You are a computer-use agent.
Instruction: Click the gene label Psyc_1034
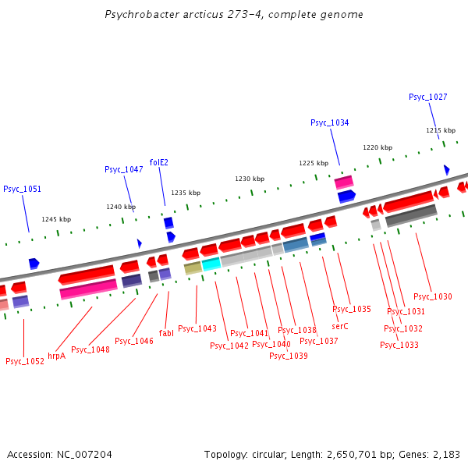click(x=329, y=122)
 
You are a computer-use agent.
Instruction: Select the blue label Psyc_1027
click(x=427, y=97)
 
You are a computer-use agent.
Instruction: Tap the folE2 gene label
click(x=158, y=162)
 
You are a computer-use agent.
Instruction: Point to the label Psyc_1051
click(x=22, y=189)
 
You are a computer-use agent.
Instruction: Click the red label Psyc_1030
click(x=432, y=296)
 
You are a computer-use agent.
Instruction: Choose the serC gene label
click(x=339, y=326)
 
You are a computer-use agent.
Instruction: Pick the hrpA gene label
click(x=56, y=356)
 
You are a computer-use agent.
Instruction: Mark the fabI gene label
click(x=166, y=333)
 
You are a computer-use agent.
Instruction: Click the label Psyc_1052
click(x=24, y=361)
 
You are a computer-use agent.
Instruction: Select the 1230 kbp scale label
click(x=250, y=179)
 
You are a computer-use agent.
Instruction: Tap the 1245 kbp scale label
click(x=56, y=219)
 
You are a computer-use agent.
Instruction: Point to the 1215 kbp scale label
click(x=440, y=130)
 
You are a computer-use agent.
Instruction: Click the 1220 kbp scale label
click(x=378, y=147)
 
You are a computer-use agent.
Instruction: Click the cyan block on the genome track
click(x=211, y=264)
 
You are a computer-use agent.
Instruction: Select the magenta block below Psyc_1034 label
click(x=344, y=182)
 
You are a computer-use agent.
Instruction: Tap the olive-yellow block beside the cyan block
click(x=193, y=268)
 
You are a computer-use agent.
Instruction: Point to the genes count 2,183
click(x=445, y=454)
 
